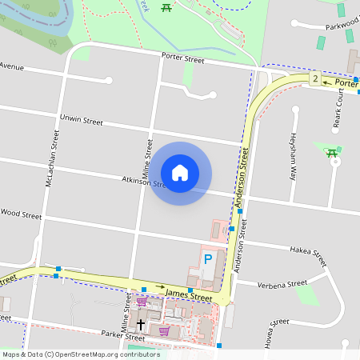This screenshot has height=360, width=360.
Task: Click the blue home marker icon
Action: pyautogui.click(x=180, y=171)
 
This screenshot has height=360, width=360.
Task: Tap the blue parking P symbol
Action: pyautogui.click(x=208, y=259)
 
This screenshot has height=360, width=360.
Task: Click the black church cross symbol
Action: pyautogui.click(x=141, y=324)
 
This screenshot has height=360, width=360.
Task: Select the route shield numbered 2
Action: pyautogui.click(x=315, y=78)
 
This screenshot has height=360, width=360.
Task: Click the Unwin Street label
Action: pyautogui.click(x=82, y=121)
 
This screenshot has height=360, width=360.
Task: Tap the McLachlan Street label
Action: pyautogui.click(x=52, y=159)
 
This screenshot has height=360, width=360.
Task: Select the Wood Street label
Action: pyautogui.click(x=21, y=214)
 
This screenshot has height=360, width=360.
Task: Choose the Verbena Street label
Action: pyautogui.click(x=283, y=283)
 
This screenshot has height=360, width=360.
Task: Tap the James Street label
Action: pyautogui.click(x=188, y=297)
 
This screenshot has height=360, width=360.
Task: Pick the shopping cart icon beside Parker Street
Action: pyautogui.click(x=164, y=330)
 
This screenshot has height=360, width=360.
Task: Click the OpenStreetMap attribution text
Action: pyautogui.click(x=81, y=354)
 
